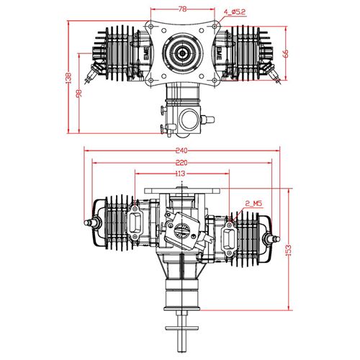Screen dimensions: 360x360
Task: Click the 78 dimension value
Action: click(x=183, y=9)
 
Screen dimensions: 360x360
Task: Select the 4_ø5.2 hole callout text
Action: click(x=235, y=12)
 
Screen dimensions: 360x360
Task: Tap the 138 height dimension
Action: click(x=68, y=78)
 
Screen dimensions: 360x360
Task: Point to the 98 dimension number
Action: click(x=79, y=94)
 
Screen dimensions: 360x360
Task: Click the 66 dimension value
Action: click(x=286, y=53)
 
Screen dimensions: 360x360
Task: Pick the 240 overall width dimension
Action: click(x=181, y=150)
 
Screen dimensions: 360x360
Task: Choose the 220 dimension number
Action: click(x=181, y=163)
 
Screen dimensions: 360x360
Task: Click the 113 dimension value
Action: click(x=180, y=174)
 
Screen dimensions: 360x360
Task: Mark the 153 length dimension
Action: click(x=289, y=250)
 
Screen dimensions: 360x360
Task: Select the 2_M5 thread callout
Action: click(x=253, y=204)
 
